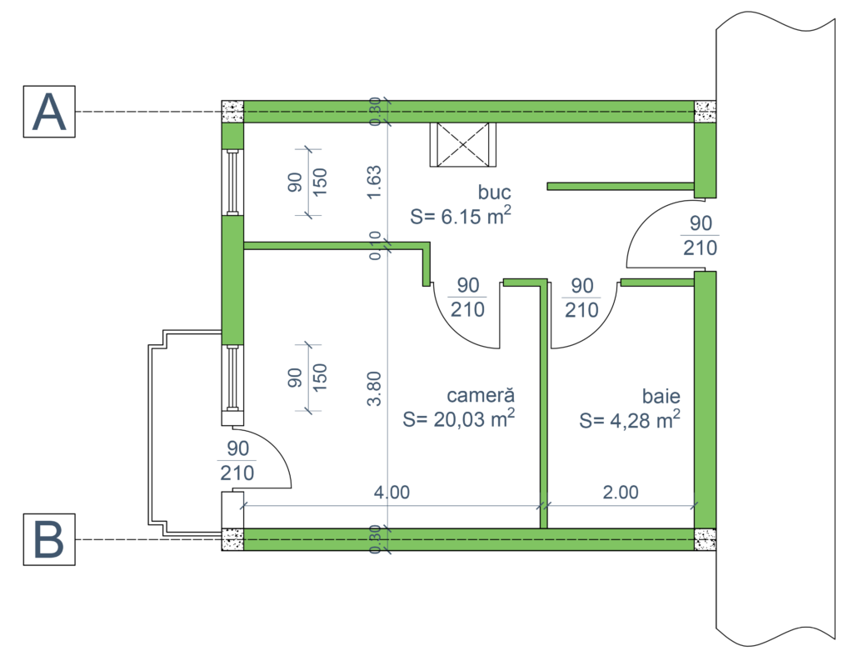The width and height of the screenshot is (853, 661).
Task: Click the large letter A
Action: click(48, 114)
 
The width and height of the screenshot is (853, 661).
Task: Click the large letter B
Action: click(48, 540)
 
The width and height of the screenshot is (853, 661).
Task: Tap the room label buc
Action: click(494, 193)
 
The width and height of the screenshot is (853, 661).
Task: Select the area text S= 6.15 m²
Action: click(460, 217)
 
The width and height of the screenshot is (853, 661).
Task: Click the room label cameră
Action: click(481, 395)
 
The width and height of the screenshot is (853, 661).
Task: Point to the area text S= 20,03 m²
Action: click(458, 418)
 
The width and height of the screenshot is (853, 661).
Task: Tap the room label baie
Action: click(661, 395)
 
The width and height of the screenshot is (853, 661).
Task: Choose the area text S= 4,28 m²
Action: click(630, 420)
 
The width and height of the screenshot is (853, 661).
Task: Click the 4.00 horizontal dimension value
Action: click(392, 492)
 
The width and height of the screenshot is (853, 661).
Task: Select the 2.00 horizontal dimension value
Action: click(621, 492)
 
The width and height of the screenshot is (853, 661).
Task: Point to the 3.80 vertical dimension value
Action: click(376, 388)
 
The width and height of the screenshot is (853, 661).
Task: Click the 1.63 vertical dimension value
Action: click(376, 181)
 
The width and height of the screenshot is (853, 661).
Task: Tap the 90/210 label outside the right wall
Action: click(701, 236)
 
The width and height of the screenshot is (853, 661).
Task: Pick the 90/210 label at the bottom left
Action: click(237, 461)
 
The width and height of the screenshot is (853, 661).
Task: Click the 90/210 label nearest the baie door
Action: click(581, 298)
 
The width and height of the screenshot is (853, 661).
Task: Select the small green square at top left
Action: click(232, 136)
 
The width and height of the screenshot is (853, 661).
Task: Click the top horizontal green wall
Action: click(468, 111)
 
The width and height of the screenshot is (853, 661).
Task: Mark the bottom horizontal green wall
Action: click(468, 539)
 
